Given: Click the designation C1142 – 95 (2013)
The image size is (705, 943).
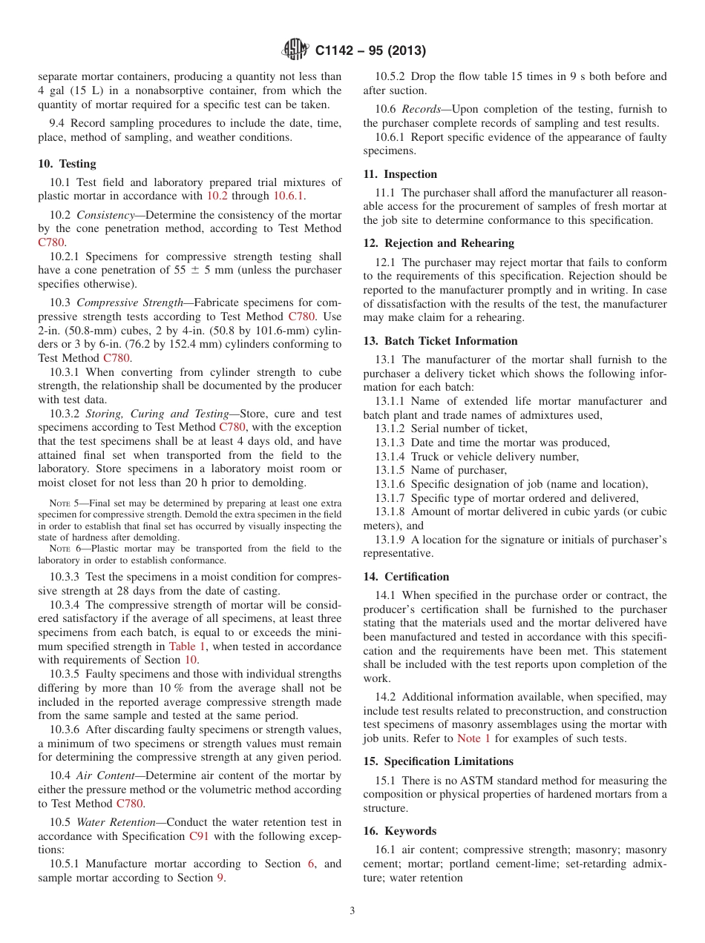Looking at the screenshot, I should (370, 51).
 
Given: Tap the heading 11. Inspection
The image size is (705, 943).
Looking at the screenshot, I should (400, 174).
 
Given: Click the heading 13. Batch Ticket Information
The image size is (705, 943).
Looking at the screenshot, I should (440, 341).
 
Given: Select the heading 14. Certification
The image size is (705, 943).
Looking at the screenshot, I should (406, 577).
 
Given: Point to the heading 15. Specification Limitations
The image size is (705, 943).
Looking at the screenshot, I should (438, 761).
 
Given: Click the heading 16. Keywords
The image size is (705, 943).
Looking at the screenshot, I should (399, 831).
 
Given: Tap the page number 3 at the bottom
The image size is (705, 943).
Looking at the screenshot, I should (352, 911).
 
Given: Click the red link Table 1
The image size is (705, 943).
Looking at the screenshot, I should (183, 646).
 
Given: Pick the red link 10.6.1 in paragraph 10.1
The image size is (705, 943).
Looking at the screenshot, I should (289, 196).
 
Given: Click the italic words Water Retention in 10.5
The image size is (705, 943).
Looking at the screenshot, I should (117, 822).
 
